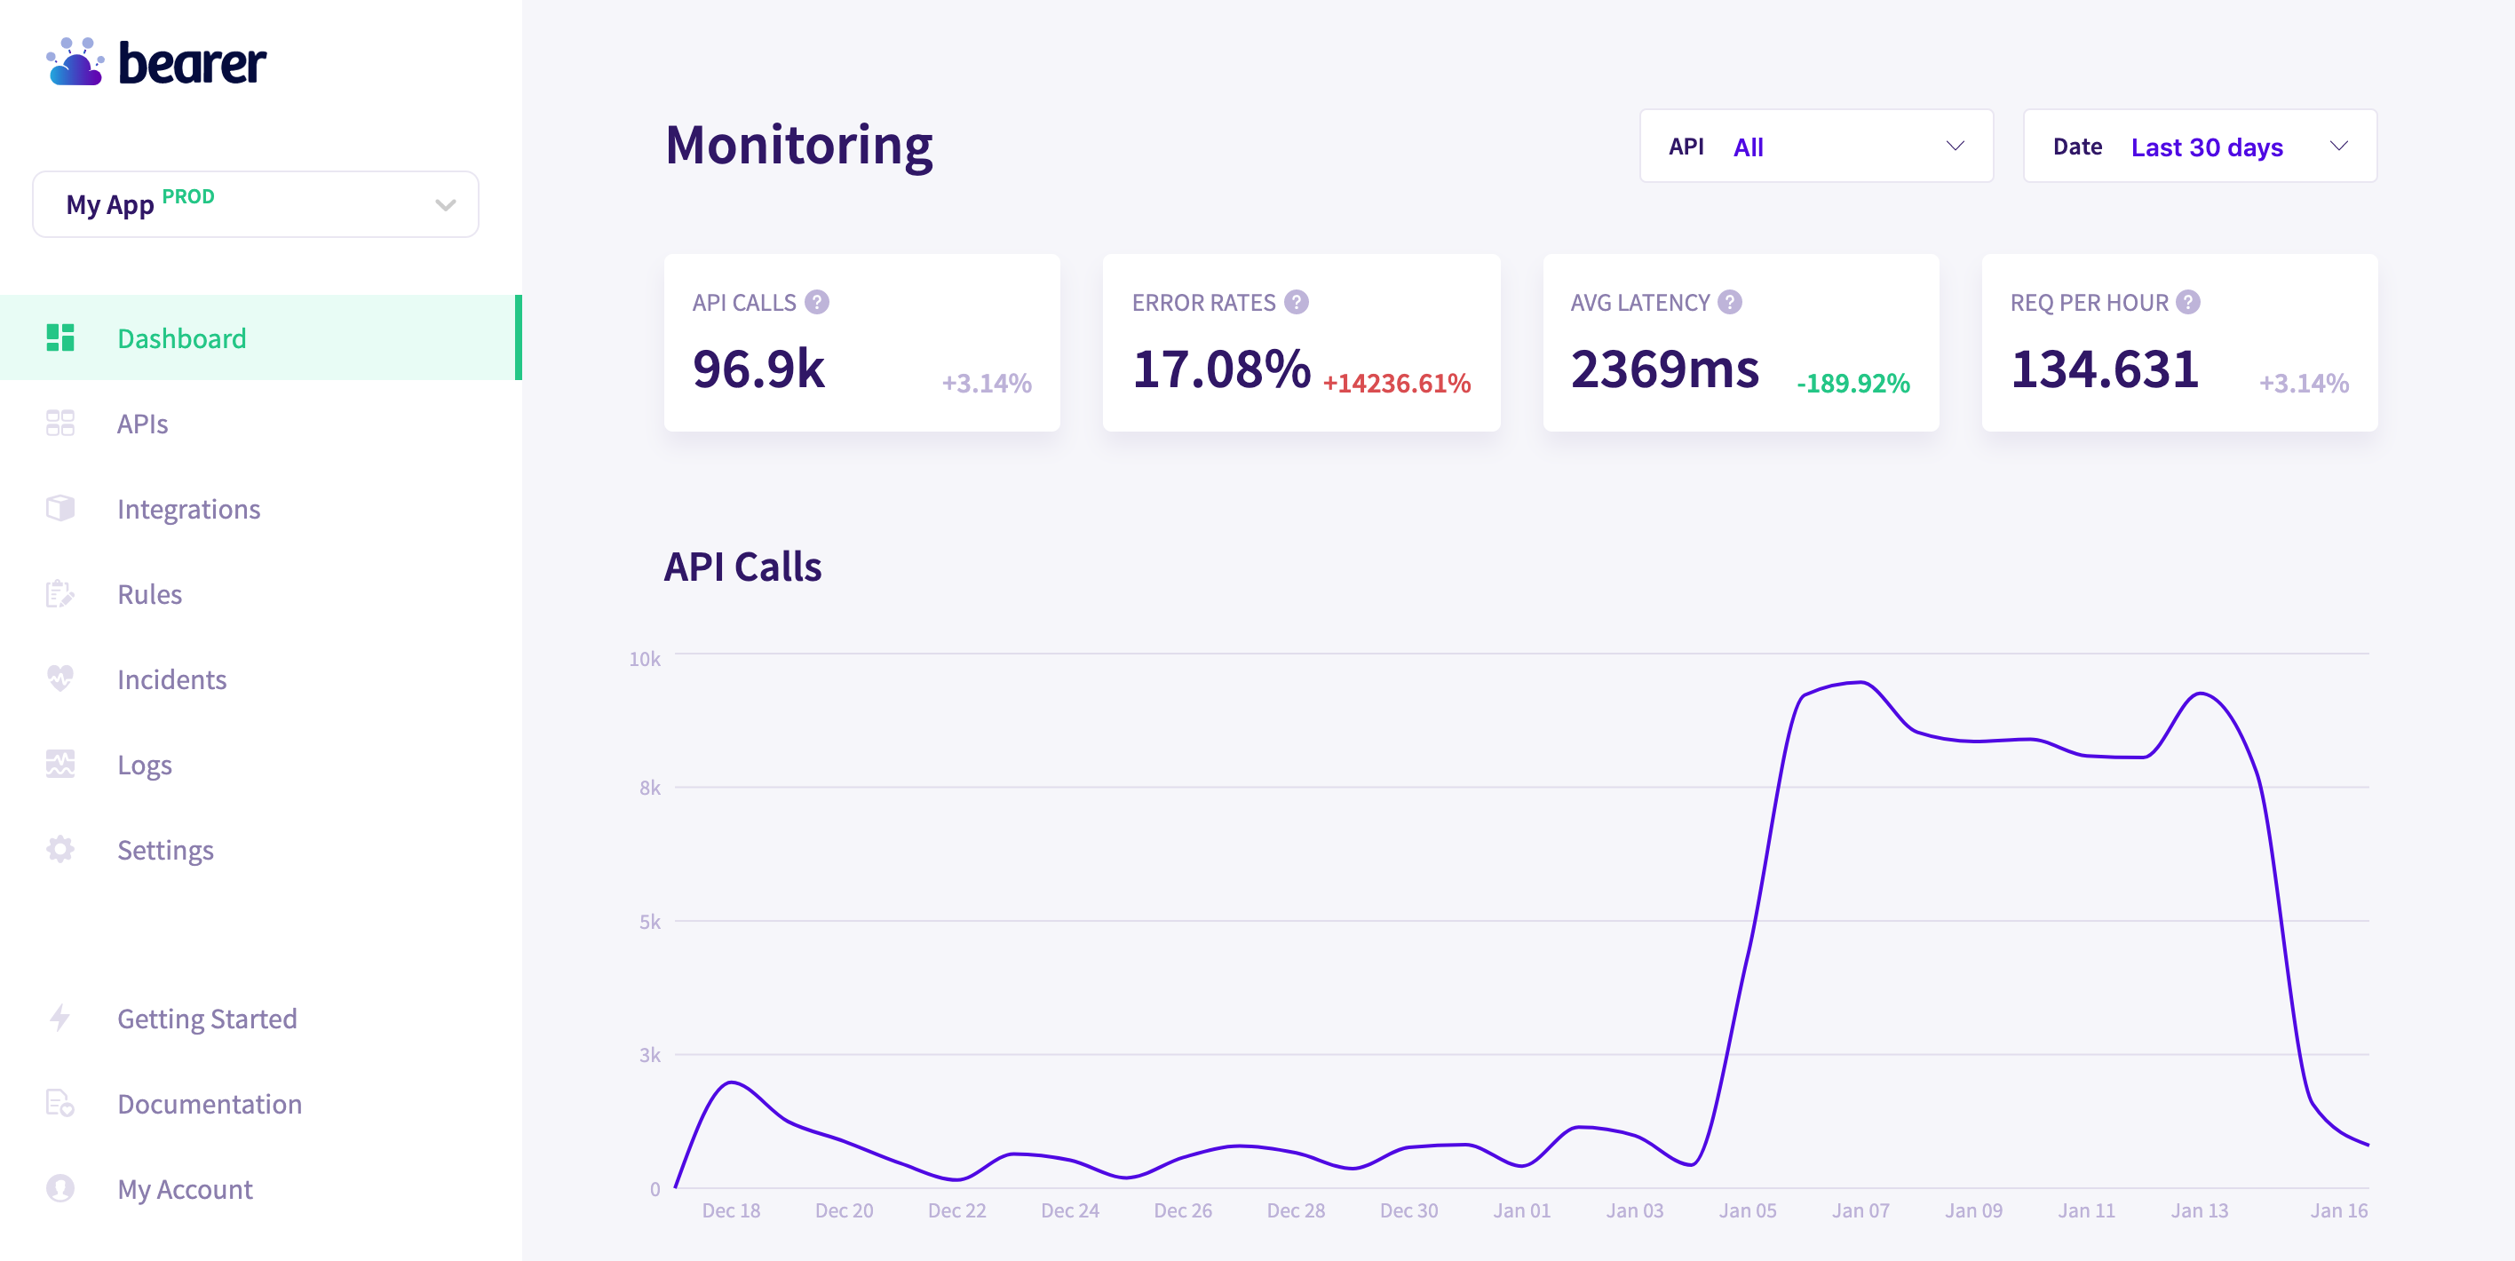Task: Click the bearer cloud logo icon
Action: point(75,62)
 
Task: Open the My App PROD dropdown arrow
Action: point(445,205)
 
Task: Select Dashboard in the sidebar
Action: point(181,337)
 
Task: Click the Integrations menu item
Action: point(188,509)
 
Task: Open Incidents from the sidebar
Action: point(171,679)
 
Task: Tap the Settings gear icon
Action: point(60,849)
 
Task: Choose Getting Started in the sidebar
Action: point(207,1018)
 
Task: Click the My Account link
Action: point(185,1189)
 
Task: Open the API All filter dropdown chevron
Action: point(1955,147)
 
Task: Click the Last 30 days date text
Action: point(2207,147)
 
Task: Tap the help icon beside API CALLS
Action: point(817,303)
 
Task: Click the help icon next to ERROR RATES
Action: point(1296,303)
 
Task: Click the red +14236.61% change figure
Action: point(1396,384)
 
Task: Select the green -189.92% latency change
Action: point(1853,384)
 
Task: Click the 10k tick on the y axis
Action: point(645,659)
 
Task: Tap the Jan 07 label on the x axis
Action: point(1860,1210)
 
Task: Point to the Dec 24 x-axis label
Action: point(1069,1210)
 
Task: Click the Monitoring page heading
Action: point(798,145)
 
